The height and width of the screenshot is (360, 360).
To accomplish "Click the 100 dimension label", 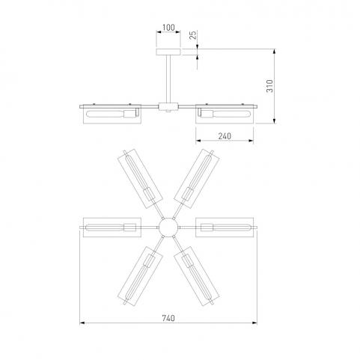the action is [x=168, y=28].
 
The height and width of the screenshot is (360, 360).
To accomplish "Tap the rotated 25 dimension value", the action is [x=193, y=35].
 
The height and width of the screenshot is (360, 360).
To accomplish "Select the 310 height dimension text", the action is [x=269, y=86].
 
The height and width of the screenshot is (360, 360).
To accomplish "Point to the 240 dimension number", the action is [x=225, y=136].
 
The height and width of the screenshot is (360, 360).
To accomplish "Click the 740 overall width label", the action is [x=168, y=318].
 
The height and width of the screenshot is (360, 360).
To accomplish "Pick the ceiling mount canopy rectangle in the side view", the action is [x=168, y=52].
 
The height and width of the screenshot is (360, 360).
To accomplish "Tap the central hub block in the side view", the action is [x=168, y=107].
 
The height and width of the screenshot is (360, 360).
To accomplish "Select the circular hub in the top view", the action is [x=168, y=228].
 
